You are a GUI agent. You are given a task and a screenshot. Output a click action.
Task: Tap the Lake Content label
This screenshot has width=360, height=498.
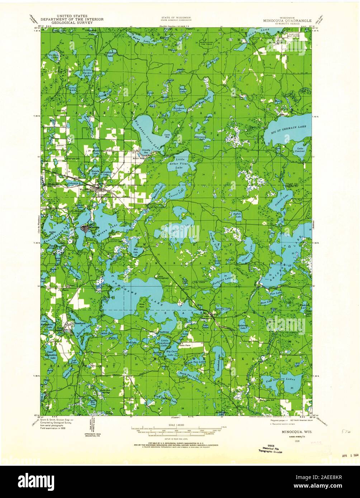click(299, 150)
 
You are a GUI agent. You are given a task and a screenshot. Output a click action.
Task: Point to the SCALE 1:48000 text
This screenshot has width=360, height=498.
click(174, 425)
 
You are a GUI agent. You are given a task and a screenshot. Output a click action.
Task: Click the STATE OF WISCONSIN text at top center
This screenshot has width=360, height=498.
click(176, 17)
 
